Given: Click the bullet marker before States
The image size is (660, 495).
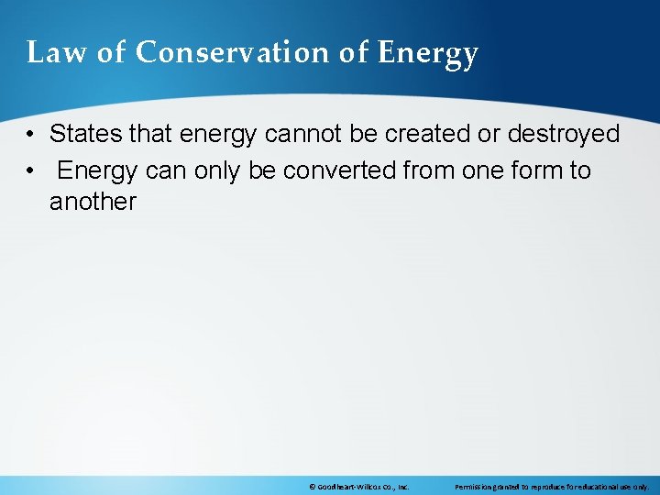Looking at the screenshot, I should click(x=31, y=135).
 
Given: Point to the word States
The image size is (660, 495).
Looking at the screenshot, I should click(x=86, y=134).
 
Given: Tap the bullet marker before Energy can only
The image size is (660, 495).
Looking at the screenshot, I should click(x=31, y=170).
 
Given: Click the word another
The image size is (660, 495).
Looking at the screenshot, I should click(x=93, y=202).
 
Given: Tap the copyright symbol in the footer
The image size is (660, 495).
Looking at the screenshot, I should click(x=313, y=487).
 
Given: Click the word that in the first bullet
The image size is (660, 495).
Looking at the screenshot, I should click(x=151, y=134).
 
